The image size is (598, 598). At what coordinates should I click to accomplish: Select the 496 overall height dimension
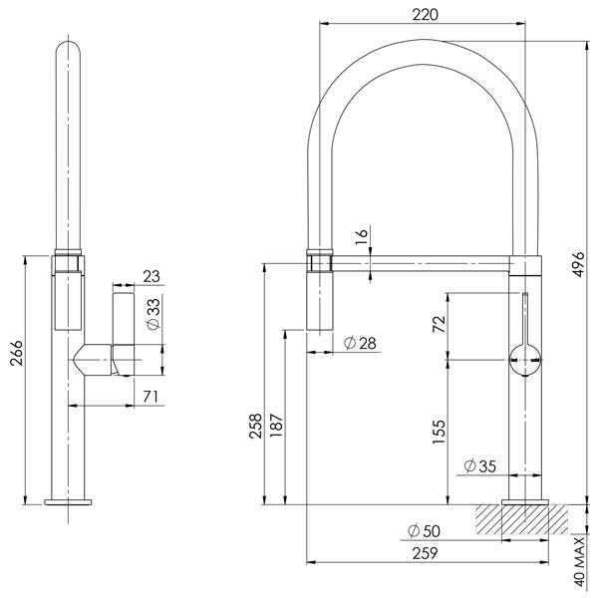tap(581, 269)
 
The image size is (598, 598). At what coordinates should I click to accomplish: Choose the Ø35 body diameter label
tap(481, 465)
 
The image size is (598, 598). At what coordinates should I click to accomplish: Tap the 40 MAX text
tap(581, 562)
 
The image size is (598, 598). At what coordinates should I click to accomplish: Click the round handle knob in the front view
tap(524, 355)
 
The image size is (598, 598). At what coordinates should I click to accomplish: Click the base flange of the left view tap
tap(71, 499)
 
